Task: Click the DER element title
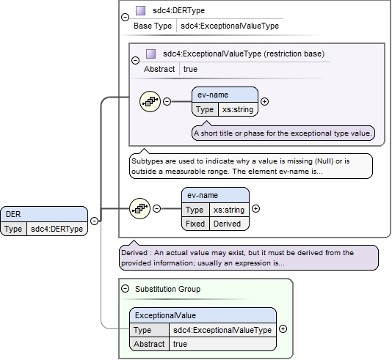click(13, 214)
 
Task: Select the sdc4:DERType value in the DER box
click(57, 229)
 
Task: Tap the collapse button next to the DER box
click(94, 221)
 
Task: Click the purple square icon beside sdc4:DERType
click(140, 10)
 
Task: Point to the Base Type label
click(153, 26)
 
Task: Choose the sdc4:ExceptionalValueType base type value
click(230, 26)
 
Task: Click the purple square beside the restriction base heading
click(150, 54)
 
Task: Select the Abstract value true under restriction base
click(190, 69)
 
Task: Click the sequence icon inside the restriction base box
click(150, 101)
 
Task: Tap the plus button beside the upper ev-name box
click(264, 101)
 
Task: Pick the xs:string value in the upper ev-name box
click(238, 109)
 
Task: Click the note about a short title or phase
click(283, 133)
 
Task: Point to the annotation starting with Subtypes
click(251, 166)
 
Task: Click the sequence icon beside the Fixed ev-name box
click(139, 208)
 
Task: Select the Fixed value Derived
click(227, 224)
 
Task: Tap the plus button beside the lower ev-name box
click(255, 208)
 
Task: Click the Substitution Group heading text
click(168, 289)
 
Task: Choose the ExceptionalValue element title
click(165, 315)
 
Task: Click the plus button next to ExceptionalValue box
click(283, 328)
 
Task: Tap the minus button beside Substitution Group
click(125, 289)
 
